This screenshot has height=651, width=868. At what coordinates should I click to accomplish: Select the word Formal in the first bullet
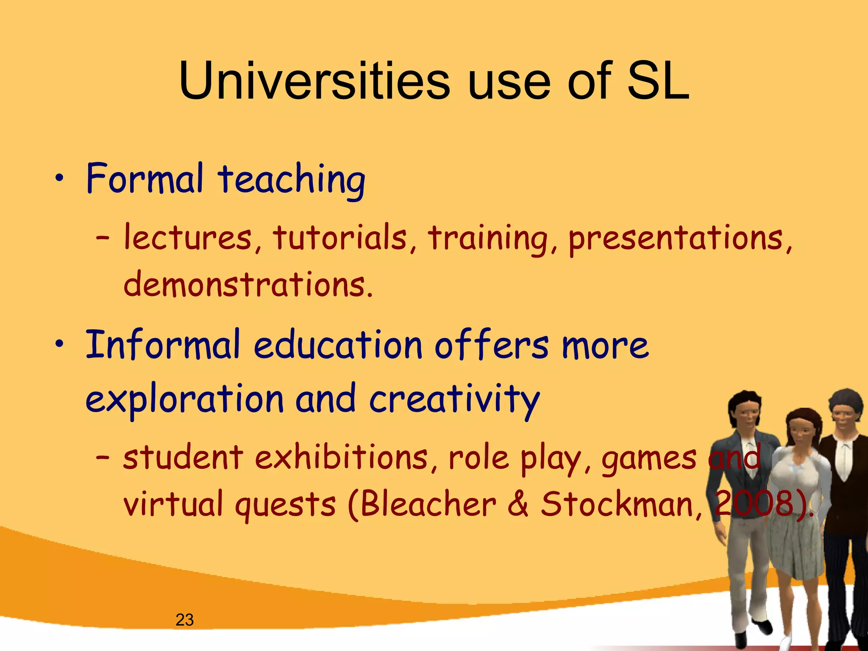[145, 178]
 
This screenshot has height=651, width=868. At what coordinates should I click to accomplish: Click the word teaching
[292, 180]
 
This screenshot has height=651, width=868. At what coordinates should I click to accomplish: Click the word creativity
[454, 399]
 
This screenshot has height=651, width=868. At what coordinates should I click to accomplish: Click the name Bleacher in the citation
[428, 504]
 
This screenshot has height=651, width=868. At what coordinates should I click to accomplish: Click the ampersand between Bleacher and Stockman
[518, 504]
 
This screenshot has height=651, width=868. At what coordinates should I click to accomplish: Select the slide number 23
[184, 620]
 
